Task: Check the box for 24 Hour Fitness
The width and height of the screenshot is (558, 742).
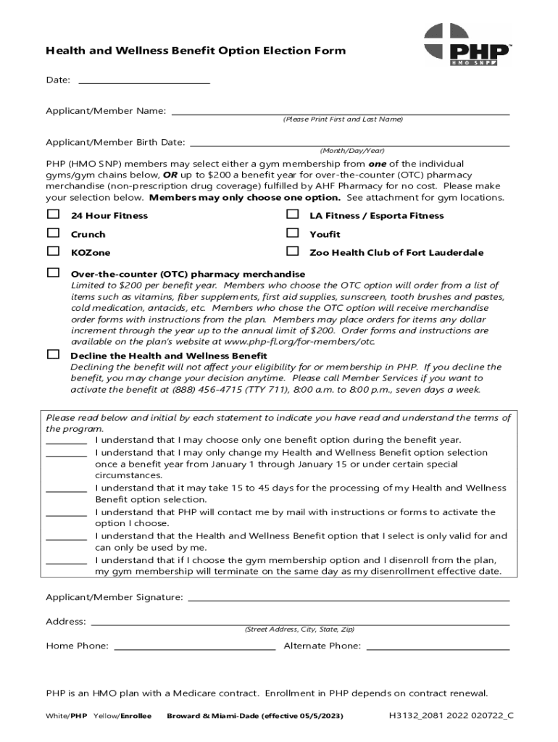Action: (53, 214)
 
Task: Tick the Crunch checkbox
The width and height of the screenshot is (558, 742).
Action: (53, 233)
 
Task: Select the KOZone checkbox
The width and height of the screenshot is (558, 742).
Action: (53, 251)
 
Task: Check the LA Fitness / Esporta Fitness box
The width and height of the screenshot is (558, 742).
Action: (292, 214)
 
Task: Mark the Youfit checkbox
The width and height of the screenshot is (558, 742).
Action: (292, 233)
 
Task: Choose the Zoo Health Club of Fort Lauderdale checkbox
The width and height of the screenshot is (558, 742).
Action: (292, 251)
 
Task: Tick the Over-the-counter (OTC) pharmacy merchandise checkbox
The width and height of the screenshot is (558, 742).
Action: (53, 273)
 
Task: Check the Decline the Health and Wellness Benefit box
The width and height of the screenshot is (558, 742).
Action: (53, 354)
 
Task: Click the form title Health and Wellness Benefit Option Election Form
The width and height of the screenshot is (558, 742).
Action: (196, 51)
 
